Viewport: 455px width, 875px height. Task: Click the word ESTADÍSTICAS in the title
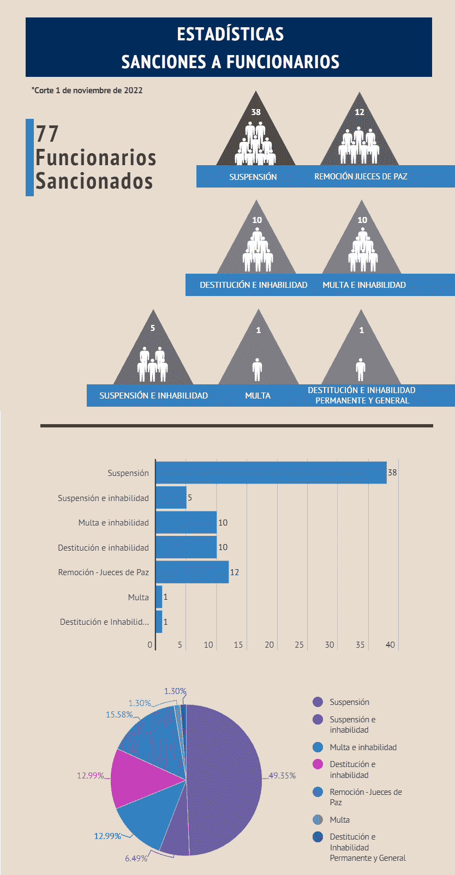pyautogui.click(x=230, y=34)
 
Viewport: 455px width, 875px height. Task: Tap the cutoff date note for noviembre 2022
pyautogui.click(x=87, y=90)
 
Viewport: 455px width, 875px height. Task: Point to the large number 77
pyautogui.click(x=47, y=134)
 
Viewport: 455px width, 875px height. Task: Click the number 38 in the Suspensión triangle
pyautogui.click(x=256, y=112)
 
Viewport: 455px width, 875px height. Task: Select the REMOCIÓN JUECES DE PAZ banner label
pyautogui.click(x=361, y=177)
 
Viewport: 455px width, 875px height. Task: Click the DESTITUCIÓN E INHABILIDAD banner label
pyautogui.click(x=253, y=285)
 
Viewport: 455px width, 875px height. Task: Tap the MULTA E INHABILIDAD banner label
pyautogui.click(x=364, y=285)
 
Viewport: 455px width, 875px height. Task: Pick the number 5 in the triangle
pyautogui.click(x=153, y=328)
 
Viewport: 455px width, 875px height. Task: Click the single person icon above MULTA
pyautogui.click(x=258, y=369)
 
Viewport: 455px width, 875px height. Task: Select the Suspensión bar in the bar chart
pyautogui.click(x=271, y=473)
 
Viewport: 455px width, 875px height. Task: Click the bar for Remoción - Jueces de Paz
pyautogui.click(x=192, y=572)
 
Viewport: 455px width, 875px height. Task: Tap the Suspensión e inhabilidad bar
pyautogui.click(x=171, y=498)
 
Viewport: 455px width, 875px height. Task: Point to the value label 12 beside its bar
pyautogui.click(x=235, y=572)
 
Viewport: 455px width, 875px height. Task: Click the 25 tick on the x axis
pyautogui.click(x=299, y=645)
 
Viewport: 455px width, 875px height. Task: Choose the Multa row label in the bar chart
pyautogui.click(x=138, y=598)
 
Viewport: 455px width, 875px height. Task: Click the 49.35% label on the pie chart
pyautogui.click(x=282, y=776)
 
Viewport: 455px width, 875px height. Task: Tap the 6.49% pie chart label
pyautogui.click(x=136, y=859)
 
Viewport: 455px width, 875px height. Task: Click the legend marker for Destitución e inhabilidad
pyautogui.click(x=318, y=764)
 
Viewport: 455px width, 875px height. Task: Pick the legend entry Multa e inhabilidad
pyautogui.click(x=363, y=747)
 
